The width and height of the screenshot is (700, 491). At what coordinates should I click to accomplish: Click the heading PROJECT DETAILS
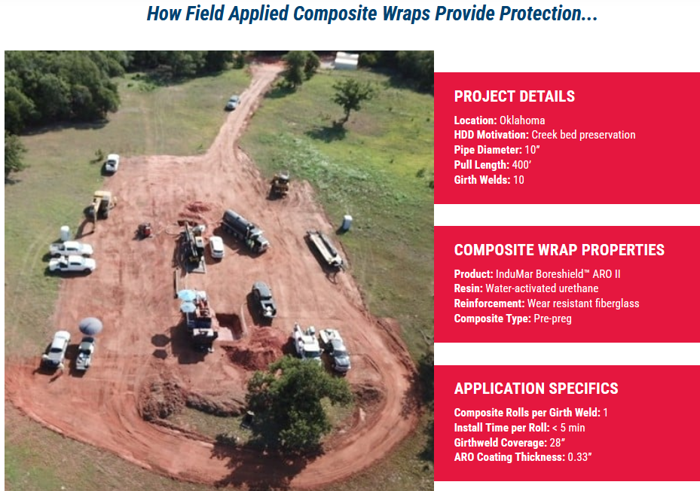pyautogui.click(x=515, y=96)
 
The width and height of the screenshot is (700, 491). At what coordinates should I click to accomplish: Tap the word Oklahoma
pyautogui.click(x=522, y=120)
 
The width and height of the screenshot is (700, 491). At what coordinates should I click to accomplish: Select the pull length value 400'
pyautogui.click(x=521, y=165)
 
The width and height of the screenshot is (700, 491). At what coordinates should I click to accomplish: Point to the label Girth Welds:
pyautogui.click(x=482, y=180)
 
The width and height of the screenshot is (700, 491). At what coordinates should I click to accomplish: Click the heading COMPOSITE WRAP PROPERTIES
pyautogui.click(x=559, y=250)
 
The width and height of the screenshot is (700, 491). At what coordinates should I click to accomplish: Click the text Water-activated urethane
pyautogui.click(x=542, y=288)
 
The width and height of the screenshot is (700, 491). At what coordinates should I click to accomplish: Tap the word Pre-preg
pyautogui.click(x=552, y=319)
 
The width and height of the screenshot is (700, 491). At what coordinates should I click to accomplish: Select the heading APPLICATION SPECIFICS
pyautogui.click(x=536, y=389)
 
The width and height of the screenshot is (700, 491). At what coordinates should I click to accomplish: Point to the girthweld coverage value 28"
pyautogui.click(x=558, y=443)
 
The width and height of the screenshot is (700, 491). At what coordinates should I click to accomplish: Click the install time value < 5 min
pyautogui.click(x=568, y=428)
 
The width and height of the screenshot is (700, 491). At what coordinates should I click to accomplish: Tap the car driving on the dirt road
pyautogui.click(x=233, y=102)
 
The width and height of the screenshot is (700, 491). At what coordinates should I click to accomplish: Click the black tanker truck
pyautogui.click(x=245, y=230)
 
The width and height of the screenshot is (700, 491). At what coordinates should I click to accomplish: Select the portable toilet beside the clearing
pyautogui.click(x=347, y=222)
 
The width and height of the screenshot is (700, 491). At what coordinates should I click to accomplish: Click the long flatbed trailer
pyautogui.click(x=325, y=249)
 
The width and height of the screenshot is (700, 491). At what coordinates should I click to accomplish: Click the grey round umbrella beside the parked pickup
pyautogui.click(x=90, y=326)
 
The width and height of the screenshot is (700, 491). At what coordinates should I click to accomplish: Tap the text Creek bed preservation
pyautogui.click(x=583, y=135)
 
